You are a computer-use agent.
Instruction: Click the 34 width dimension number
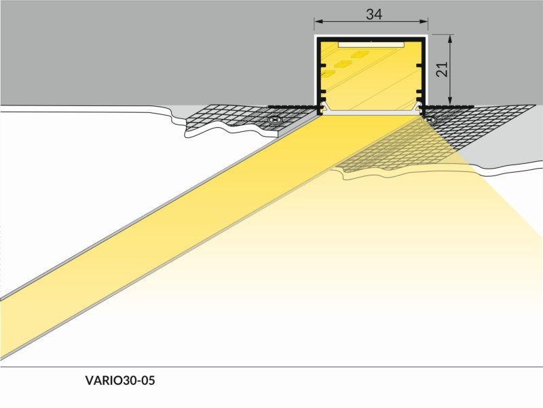[374, 14]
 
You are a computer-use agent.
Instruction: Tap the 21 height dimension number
[443, 69]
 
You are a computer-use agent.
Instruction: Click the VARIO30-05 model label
[120, 381]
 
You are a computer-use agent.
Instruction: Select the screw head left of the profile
[276, 120]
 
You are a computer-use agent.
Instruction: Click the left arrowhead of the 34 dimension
[318, 22]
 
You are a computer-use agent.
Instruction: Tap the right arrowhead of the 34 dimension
[424, 22]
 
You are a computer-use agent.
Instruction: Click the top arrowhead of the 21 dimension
[450, 39]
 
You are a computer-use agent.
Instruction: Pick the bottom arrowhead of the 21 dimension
[450, 100]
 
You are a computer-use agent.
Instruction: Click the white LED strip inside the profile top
[371, 45]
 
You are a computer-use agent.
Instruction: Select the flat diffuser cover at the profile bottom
[371, 113]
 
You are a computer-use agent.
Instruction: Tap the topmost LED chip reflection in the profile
[360, 54]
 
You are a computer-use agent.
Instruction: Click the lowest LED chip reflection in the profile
[328, 73]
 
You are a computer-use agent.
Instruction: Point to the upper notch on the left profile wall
[323, 65]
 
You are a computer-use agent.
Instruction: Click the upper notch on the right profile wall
[419, 65]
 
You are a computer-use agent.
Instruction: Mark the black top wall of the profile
[371, 39]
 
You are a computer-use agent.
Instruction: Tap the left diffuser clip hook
[322, 108]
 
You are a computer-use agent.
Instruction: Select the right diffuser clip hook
[420, 108]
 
